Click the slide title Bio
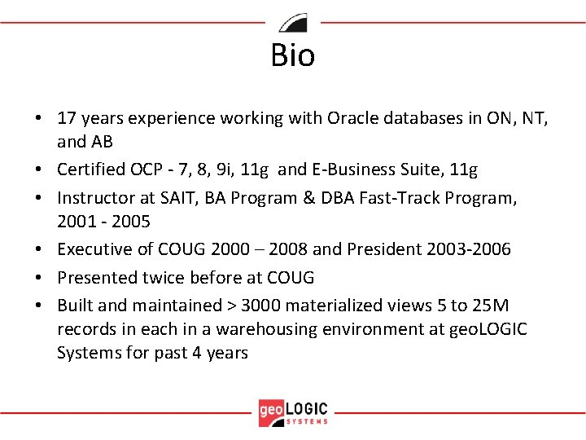pyautogui.click(x=293, y=55)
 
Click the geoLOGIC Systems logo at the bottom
pyautogui.click(x=293, y=411)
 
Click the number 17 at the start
pyautogui.click(x=67, y=119)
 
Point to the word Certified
pyautogui.click(x=90, y=170)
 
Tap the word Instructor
pyautogui.click(x=94, y=198)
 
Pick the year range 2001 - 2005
pyautogui.click(x=105, y=222)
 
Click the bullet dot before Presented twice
pyautogui.click(x=39, y=278)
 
